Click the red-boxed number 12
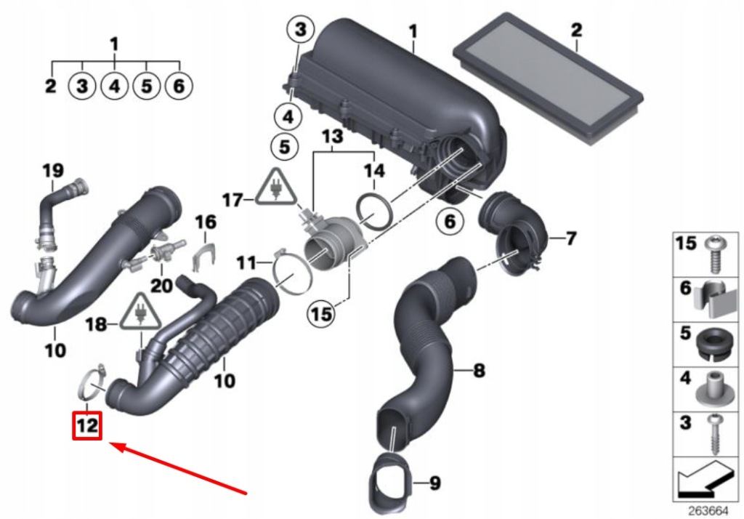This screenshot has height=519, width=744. [86, 425]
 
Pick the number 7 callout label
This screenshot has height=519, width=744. [571, 238]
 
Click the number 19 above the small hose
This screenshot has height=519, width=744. [52, 172]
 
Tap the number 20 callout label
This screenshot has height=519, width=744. [162, 286]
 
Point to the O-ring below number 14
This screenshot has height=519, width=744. [376, 209]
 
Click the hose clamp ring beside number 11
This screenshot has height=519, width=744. [293, 277]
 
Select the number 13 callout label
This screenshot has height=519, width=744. [332, 137]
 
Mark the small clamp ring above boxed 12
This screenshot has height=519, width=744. [92, 382]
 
